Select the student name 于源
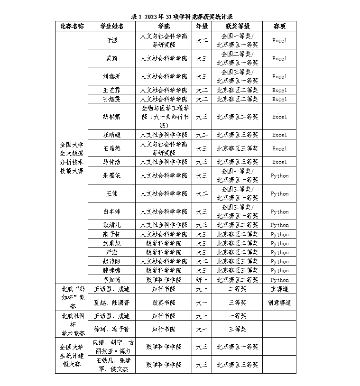(x=112, y=41)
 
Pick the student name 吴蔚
(x=112, y=59)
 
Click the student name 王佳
(x=112, y=193)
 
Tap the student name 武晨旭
(x=112, y=243)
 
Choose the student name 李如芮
(x=112, y=280)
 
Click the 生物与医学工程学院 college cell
(x=164, y=117)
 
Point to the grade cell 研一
(x=202, y=280)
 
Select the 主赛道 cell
(x=279, y=288)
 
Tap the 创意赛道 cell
(x=279, y=302)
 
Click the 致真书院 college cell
(x=164, y=302)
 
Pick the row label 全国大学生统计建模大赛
(x=72, y=356)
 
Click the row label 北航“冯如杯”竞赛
(x=72, y=297)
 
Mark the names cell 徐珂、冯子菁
(x=112, y=329)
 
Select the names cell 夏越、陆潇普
(x=112, y=302)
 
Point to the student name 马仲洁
(x=112, y=162)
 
